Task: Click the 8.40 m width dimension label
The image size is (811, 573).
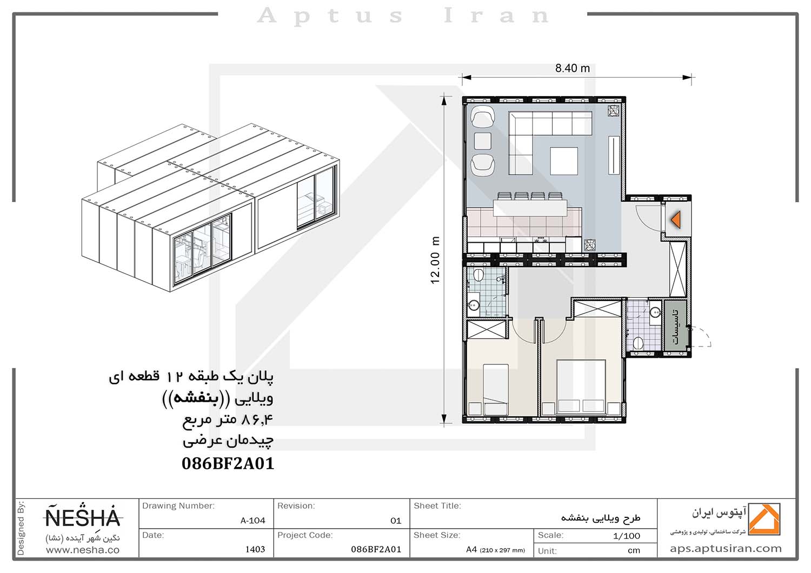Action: click(573, 68)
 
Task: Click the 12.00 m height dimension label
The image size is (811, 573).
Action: click(435, 260)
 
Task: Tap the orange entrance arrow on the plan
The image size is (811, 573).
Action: click(676, 219)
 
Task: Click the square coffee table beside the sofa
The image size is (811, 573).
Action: click(564, 161)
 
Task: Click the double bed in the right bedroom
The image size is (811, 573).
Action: click(581, 387)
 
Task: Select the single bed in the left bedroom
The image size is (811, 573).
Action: click(496, 390)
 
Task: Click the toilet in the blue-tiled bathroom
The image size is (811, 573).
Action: click(478, 276)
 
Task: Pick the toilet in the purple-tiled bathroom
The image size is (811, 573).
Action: click(638, 342)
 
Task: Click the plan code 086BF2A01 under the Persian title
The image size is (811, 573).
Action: click(228, 464)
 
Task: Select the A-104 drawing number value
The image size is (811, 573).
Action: click(252, 521)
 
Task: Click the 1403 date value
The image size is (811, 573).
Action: click(255, 549)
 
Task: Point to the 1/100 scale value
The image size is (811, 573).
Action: click(626, 536)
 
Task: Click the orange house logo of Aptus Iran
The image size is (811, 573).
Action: click(764, 519)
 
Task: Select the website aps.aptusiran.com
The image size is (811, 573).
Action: click(726, 549)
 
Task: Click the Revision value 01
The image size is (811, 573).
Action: click(396, 521)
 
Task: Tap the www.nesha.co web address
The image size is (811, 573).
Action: click(83, 550)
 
